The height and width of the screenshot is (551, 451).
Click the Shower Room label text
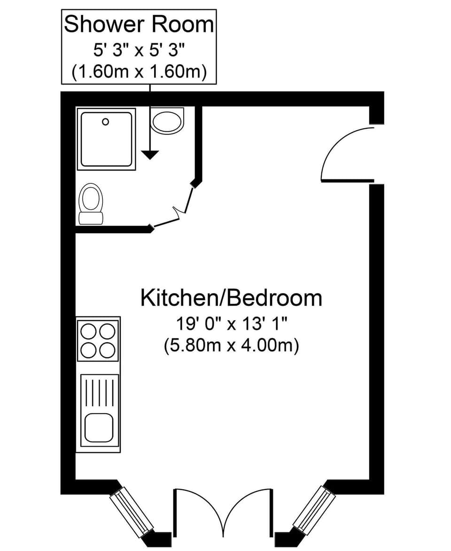coord(139,24)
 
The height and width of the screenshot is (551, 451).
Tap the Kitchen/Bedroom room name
coord(231,299)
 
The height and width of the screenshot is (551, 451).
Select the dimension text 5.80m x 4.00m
coord(232,346)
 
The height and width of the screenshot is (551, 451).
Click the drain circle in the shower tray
coord(106,122)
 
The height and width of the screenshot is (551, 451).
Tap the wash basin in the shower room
coord(167,120)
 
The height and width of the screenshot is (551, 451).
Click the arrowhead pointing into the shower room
coord(150,154)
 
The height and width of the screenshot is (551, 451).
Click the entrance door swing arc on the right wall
coord(343,153)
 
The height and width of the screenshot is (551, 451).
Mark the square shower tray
coord(106,139)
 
